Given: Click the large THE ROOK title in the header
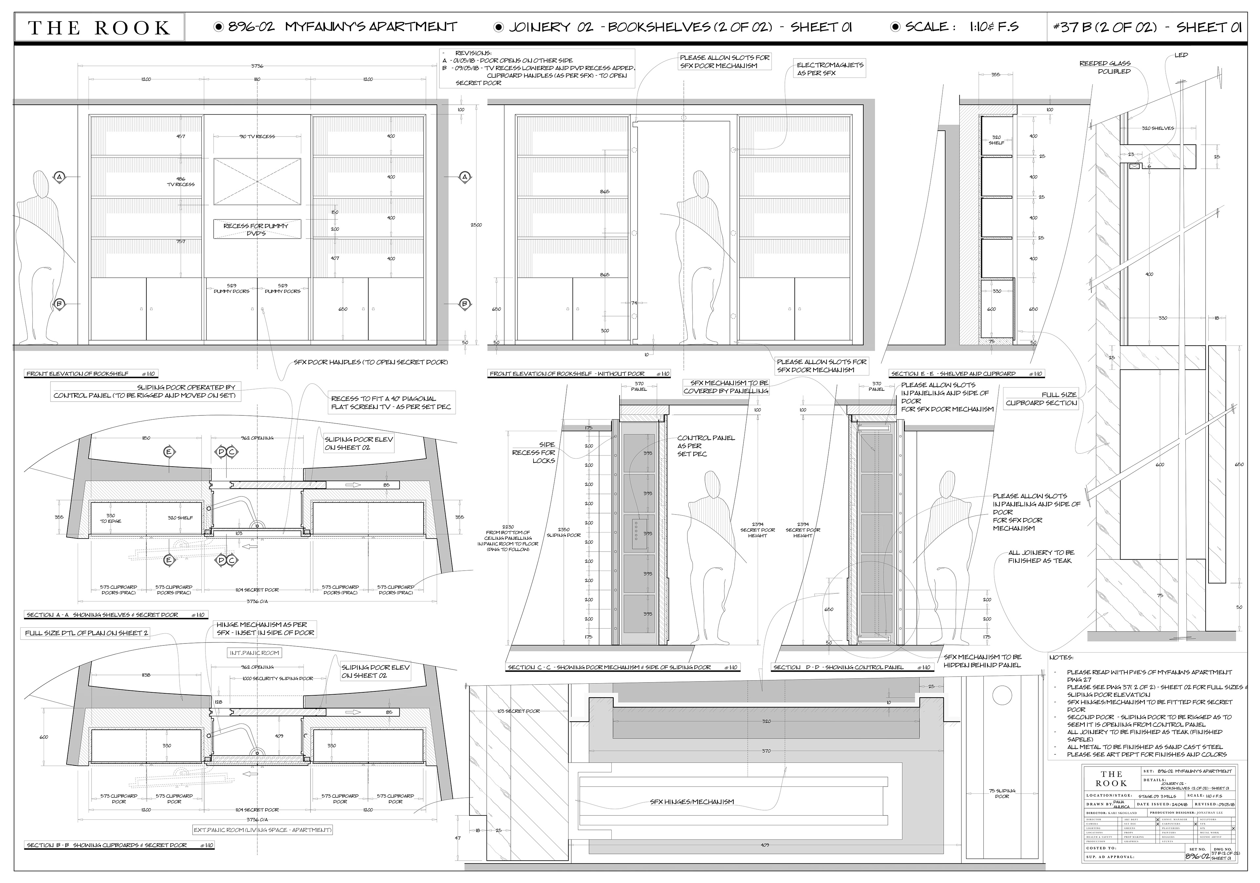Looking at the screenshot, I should click(99, 28).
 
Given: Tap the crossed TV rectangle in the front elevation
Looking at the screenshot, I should click(257, 182).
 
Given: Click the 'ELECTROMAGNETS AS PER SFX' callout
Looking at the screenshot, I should click(830, 69).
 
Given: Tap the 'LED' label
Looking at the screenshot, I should click(1181, 55).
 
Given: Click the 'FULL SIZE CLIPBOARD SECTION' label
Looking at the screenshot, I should click(1041, 399).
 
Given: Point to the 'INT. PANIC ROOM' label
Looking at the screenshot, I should click(254, 653).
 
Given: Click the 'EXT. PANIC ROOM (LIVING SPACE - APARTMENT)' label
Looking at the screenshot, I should click(262, 830).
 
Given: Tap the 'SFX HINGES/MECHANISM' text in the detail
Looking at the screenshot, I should click(691, 802).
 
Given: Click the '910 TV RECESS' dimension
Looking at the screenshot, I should click(257, 137).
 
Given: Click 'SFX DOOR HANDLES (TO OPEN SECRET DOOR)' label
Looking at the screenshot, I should click(370, 362).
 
